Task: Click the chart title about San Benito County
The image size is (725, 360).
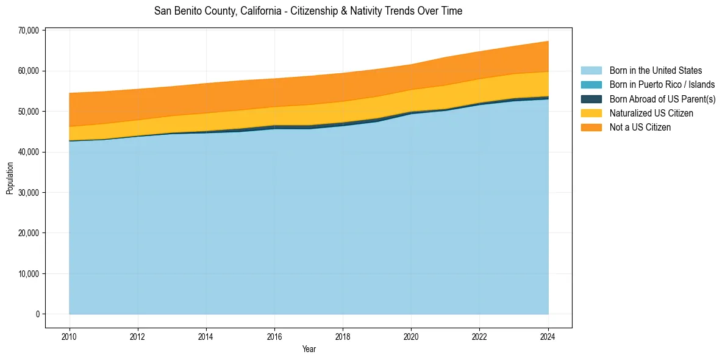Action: coord(308,11)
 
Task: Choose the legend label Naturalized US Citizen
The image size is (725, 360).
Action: coord(651,113)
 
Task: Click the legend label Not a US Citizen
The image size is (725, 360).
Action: coord(640,127)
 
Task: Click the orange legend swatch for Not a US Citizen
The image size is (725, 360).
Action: coord(591,127)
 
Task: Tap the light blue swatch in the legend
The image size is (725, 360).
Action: coord(591,71)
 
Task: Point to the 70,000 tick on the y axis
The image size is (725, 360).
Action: coord(29,31)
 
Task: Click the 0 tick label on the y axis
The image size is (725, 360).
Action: coord(37,314)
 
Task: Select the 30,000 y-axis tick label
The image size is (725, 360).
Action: coord(29,193)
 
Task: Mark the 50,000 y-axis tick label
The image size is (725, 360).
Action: coord(29,112)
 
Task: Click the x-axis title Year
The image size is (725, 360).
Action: coord(309,349)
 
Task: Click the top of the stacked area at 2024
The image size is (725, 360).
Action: coord(548,41)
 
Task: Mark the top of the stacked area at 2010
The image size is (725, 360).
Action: coord(70,93)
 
